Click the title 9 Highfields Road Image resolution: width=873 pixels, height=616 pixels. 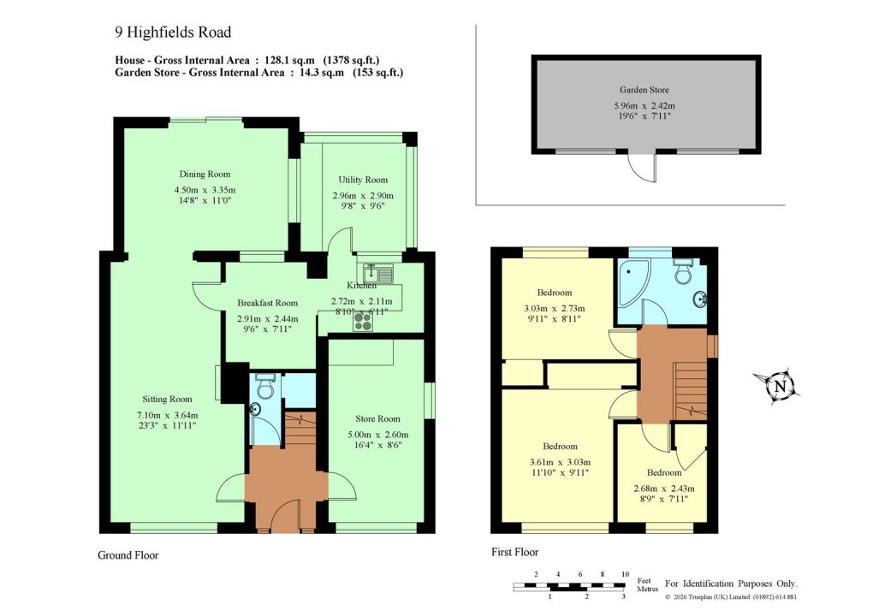[173, 33]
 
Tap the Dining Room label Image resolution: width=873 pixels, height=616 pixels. [205, 175]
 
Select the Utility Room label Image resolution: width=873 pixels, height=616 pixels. [362, 180]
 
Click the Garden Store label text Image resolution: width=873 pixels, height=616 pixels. [644, 89]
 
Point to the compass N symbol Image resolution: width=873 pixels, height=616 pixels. [779, 386]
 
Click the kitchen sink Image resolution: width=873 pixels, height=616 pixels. [377, 274]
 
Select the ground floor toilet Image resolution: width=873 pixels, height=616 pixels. [264, 388]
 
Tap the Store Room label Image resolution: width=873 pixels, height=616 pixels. [377, 419]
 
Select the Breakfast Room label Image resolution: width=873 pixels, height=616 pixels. [267, 303]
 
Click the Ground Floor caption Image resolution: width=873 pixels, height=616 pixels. [128, 555]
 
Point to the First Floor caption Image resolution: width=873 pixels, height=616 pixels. [514, 552]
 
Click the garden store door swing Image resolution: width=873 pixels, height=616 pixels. [641, 169]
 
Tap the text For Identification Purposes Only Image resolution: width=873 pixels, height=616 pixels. [731, 583]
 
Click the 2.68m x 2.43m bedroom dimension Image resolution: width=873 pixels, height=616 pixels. [664, 489]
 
